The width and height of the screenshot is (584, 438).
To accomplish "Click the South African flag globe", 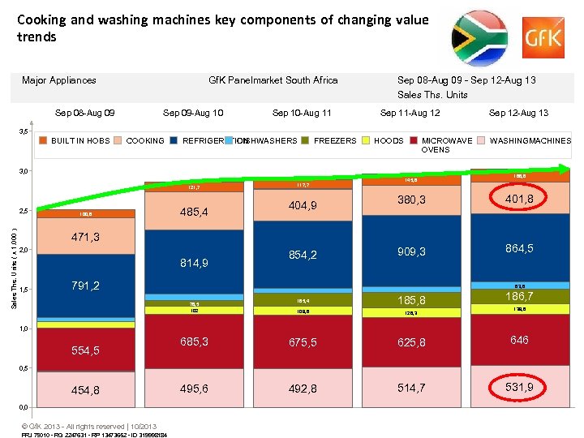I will point(479,37).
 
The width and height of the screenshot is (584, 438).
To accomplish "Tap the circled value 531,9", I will point(519,387).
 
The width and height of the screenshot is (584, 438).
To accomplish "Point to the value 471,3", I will point(85,238).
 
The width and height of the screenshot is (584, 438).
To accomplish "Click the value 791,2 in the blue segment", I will point(85,286).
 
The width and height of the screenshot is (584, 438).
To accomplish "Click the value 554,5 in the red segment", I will point(85,350).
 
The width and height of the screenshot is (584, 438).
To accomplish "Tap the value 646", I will point(519,340).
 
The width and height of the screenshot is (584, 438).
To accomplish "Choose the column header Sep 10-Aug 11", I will point(302,113).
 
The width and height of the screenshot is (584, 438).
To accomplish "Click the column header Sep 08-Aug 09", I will point(84,113).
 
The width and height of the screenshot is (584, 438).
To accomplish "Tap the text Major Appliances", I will point(59,80).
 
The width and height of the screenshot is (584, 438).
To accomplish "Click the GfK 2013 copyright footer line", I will point(89,427).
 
